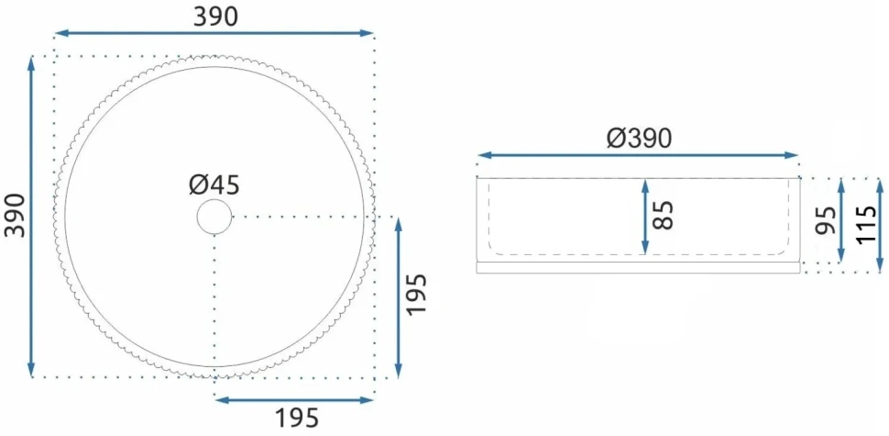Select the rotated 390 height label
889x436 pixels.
coord(16,216)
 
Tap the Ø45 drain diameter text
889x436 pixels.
coord(214,185)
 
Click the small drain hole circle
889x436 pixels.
coord(214,217)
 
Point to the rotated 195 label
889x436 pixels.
coord(415,295)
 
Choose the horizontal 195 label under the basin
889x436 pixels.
coord(297,419)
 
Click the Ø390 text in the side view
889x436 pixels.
coord(639,138)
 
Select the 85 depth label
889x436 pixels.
coord(663,215)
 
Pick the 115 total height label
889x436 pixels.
coord(867,225)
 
